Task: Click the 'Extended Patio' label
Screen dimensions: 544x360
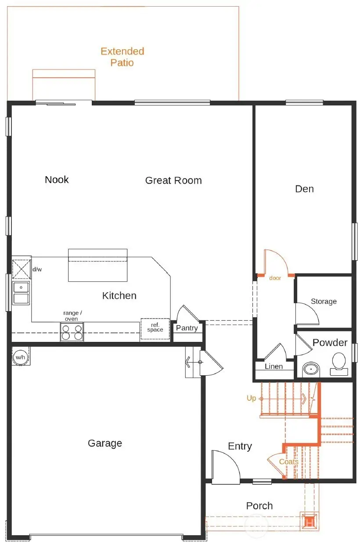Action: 122,57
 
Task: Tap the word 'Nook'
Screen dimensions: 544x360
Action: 57,179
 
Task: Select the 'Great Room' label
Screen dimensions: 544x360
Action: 173,180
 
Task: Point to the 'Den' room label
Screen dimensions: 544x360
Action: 304,189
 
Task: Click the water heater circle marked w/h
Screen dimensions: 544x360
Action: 20,357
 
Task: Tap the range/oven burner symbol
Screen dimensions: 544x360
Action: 72,332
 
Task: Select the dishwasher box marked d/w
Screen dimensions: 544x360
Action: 21,269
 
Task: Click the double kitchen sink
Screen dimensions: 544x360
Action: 21,293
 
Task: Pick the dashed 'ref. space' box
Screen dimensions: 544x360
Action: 155,328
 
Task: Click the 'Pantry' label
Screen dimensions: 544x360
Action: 187,328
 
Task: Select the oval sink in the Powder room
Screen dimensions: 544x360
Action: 311,368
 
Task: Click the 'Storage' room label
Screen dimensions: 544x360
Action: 324,301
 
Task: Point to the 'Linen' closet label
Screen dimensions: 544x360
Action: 274,366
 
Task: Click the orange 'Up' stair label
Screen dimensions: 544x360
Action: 251,398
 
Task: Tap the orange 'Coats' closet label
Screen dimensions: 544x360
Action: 288,462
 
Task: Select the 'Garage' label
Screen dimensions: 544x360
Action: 104,443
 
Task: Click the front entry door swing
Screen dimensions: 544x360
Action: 225,467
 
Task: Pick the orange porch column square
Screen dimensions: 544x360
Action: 309,522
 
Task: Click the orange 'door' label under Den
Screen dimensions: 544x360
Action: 275,278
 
